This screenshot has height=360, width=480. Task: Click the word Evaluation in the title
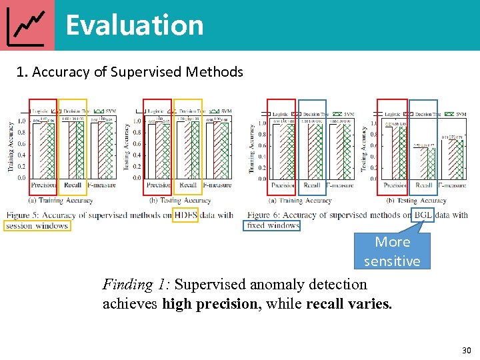coord(134,25)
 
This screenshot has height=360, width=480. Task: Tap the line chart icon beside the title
coord(27,25)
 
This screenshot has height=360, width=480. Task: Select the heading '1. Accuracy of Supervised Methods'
coord(129,71)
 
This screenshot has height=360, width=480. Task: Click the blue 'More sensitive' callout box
coord(392,251)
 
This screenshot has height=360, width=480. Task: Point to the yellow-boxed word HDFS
coord(185,215)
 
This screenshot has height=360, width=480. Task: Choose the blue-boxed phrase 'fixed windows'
coord(273,225)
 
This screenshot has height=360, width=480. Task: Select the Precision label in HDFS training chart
coord(43,185)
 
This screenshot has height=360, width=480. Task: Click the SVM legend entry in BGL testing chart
coord(459,115)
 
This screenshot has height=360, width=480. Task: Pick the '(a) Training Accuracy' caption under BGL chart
coord(301,200)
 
